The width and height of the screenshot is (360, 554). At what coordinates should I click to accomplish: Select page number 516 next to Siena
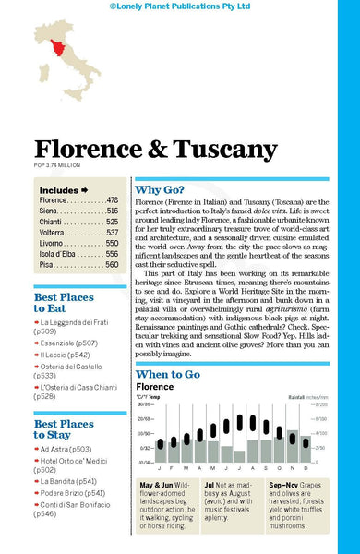(112, 211)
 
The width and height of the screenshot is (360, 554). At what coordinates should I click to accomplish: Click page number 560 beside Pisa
(112, 264)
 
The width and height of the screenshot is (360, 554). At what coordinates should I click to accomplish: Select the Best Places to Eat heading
(64, 304)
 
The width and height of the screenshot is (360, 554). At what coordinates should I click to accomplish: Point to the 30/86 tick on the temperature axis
(145, 403)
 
